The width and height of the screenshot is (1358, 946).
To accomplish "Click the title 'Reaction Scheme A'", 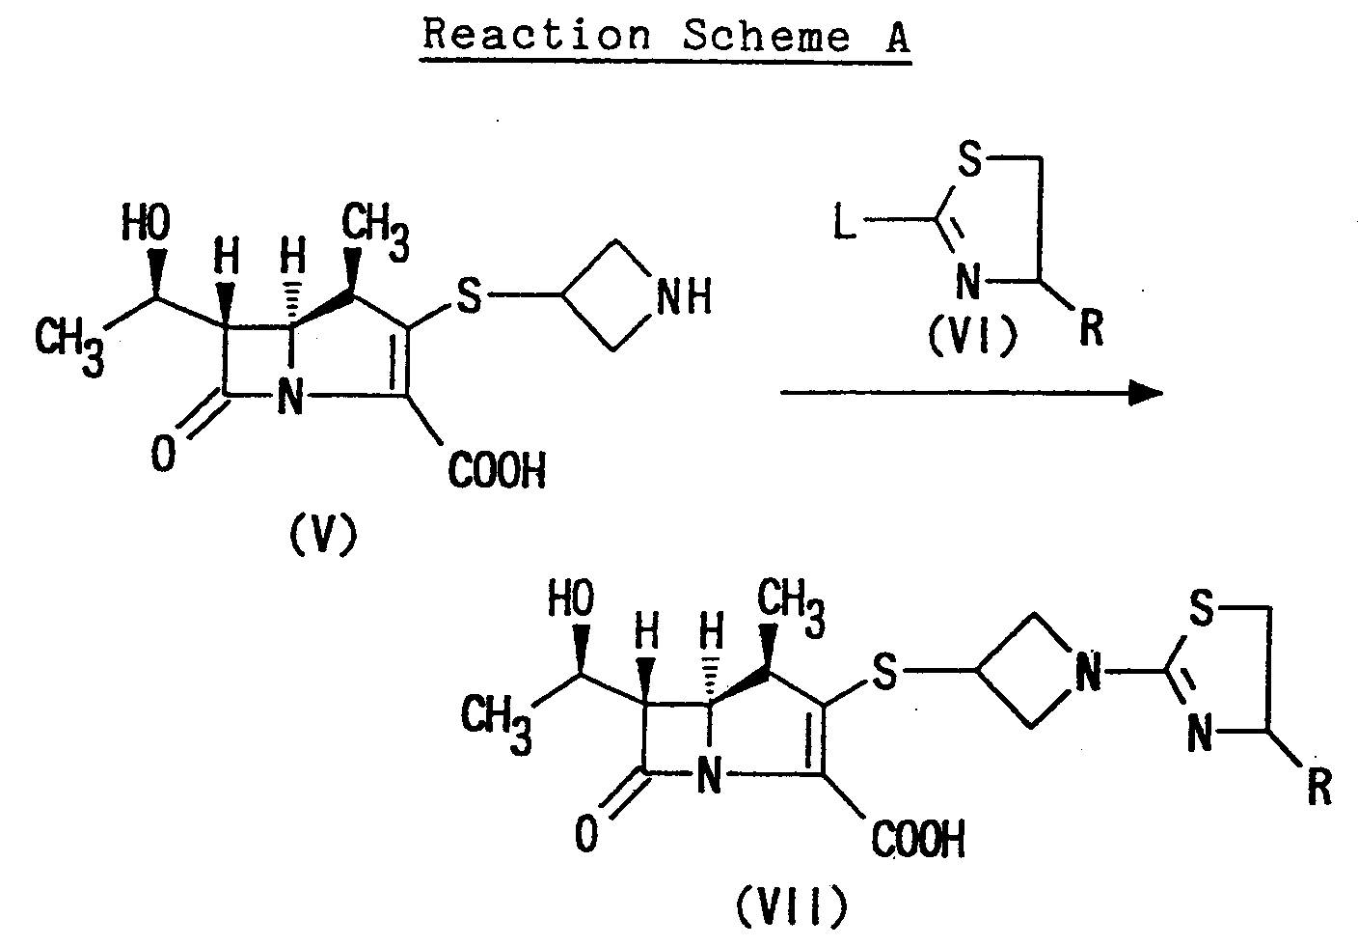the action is (665, 37).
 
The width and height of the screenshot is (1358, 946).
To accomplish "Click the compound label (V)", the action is (321, 532).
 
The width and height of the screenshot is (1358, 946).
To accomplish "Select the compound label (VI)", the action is (971, 337).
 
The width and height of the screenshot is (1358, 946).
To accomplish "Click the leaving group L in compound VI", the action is (844, 227).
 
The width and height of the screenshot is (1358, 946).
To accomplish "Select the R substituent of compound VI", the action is (1090, 331).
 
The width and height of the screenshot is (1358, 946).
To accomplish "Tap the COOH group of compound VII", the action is (917, 840).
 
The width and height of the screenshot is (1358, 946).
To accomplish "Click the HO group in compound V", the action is (146, 225).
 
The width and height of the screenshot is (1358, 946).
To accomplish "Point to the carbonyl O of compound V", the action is (164, 455).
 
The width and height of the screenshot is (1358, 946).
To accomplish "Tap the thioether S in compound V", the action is (468, 297).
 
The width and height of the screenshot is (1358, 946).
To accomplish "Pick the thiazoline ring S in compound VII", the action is (1200, 609).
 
